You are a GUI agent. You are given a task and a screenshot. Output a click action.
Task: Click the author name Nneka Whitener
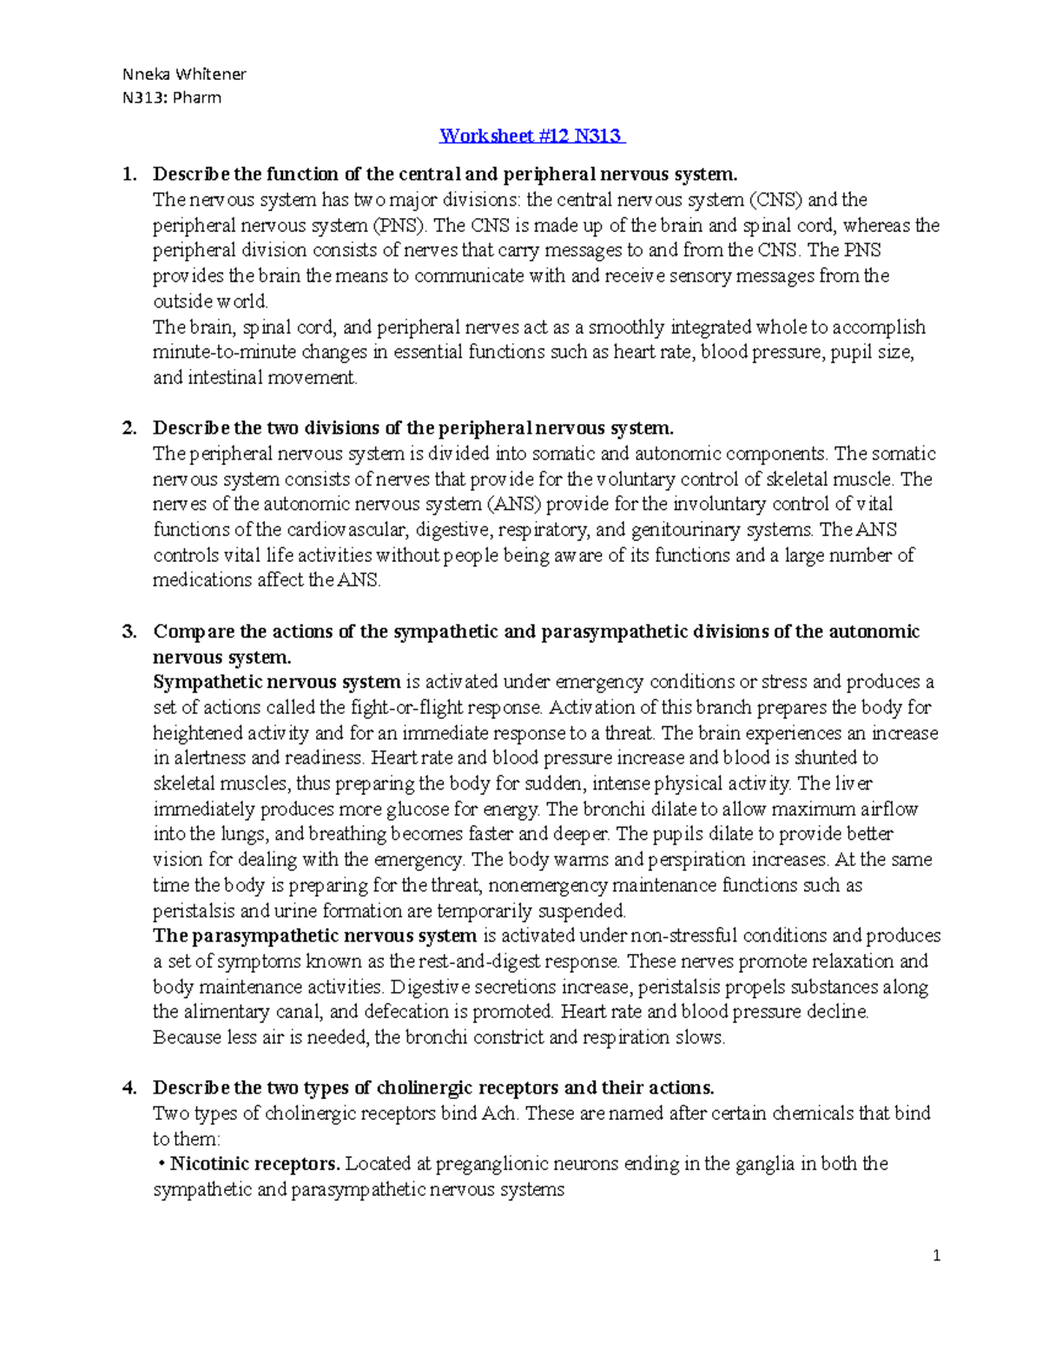click(x=184, y=74)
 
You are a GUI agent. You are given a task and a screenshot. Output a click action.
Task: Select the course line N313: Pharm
click(x=171, y=97)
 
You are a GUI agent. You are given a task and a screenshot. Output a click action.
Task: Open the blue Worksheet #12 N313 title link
click(x=531, y=136)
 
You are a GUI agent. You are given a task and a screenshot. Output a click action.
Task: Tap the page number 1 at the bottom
click(x=936, y=1255)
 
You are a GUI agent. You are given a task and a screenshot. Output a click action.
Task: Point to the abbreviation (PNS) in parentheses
click(x=400, y=226)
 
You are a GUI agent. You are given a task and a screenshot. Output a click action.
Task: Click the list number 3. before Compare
click(x=129, y=632)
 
